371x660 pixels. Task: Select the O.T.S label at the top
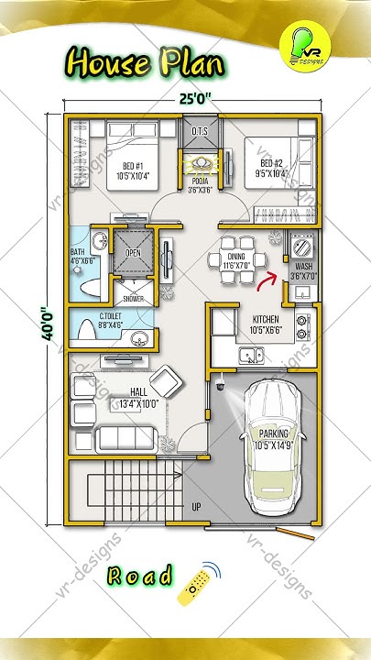(x=201, y=131)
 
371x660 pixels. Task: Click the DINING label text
(x=236, y=260)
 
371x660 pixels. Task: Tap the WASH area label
(x=302, y=270)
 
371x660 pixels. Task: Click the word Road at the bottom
(x=139, y=577)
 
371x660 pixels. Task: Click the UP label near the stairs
(x=196, y=506)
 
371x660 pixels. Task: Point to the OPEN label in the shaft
(x=134, y=253)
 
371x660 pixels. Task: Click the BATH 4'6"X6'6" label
(x=82, y=264)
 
